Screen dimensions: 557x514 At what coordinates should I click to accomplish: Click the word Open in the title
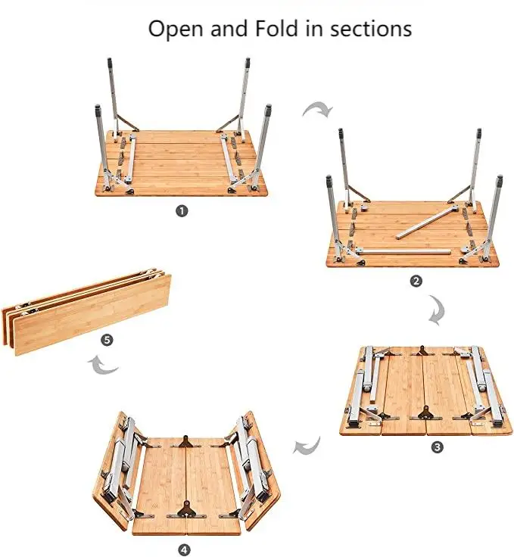pyautogui.click(x=173, y=29)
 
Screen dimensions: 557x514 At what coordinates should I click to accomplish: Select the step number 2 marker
pyautogui.click(x=416, y=281)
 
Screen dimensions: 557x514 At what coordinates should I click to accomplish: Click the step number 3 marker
pyautogui.click(x=437, y=447)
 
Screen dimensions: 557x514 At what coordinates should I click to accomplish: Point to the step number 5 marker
pyautogui.click(x=107, y=340)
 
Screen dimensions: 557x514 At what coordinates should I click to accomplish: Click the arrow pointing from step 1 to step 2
pyautogui.click(x=318, y=110)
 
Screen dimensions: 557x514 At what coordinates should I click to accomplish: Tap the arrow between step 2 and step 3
pyautogui.click(x=437, y=311)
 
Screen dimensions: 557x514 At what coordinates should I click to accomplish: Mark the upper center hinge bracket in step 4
pyautogui.click(x=185, y=441)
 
